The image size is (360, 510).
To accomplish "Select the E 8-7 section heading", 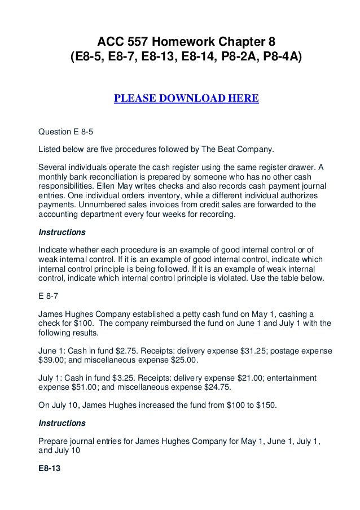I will click(x=49, y=294).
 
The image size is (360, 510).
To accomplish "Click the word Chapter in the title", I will click(x=231, y=41).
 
